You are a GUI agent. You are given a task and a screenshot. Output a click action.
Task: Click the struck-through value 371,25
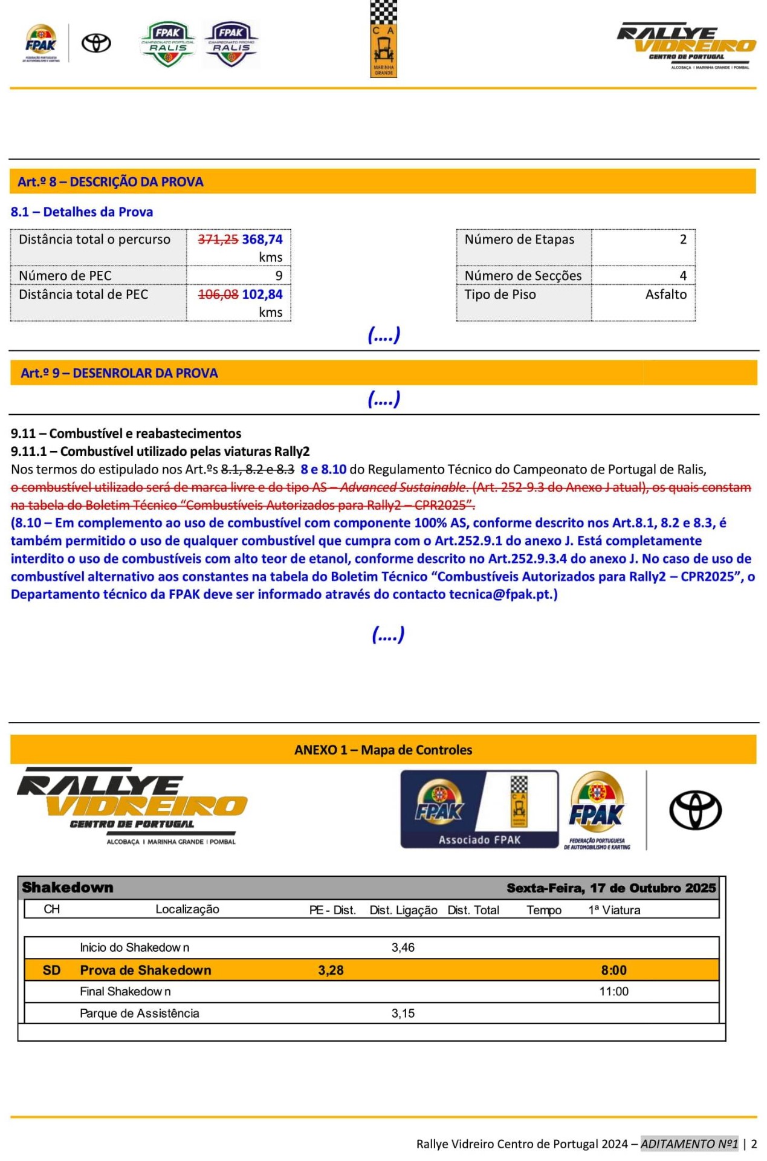[218, 239]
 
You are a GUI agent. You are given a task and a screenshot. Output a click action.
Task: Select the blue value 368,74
[262, 239]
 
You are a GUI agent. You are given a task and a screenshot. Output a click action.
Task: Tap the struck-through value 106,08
[218, 294]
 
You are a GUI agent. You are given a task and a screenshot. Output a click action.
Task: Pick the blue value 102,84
[262, 294]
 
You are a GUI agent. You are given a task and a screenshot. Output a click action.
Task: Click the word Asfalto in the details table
[665, 294]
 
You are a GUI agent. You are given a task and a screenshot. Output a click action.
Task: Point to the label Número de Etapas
[519, 239]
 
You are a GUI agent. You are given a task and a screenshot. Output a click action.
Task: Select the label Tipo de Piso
[500, 294]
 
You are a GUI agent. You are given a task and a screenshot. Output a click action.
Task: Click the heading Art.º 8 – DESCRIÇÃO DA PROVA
[111, 182]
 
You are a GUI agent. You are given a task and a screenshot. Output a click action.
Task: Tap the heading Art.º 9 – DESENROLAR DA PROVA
[119, 373]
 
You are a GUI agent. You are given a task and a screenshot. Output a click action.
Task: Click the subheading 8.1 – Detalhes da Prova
[82, 212]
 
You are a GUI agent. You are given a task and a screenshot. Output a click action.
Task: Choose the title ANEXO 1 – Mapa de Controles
[383, 750]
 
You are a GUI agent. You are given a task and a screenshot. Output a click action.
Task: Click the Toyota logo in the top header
[97, 43]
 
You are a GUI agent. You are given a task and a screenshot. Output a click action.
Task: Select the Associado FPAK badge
[479, 809]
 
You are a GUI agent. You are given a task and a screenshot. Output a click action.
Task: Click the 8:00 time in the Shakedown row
[613, 970]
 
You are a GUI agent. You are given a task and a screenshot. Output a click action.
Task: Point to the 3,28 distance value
[331, 970]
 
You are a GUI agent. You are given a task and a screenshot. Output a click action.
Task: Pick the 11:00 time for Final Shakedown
[613, 992]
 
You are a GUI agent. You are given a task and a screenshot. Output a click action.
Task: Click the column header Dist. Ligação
[403, 910]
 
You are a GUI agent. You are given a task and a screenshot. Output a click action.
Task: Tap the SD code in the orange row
[51, 970]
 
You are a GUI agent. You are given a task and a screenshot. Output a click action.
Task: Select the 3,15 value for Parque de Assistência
[403, 1013]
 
